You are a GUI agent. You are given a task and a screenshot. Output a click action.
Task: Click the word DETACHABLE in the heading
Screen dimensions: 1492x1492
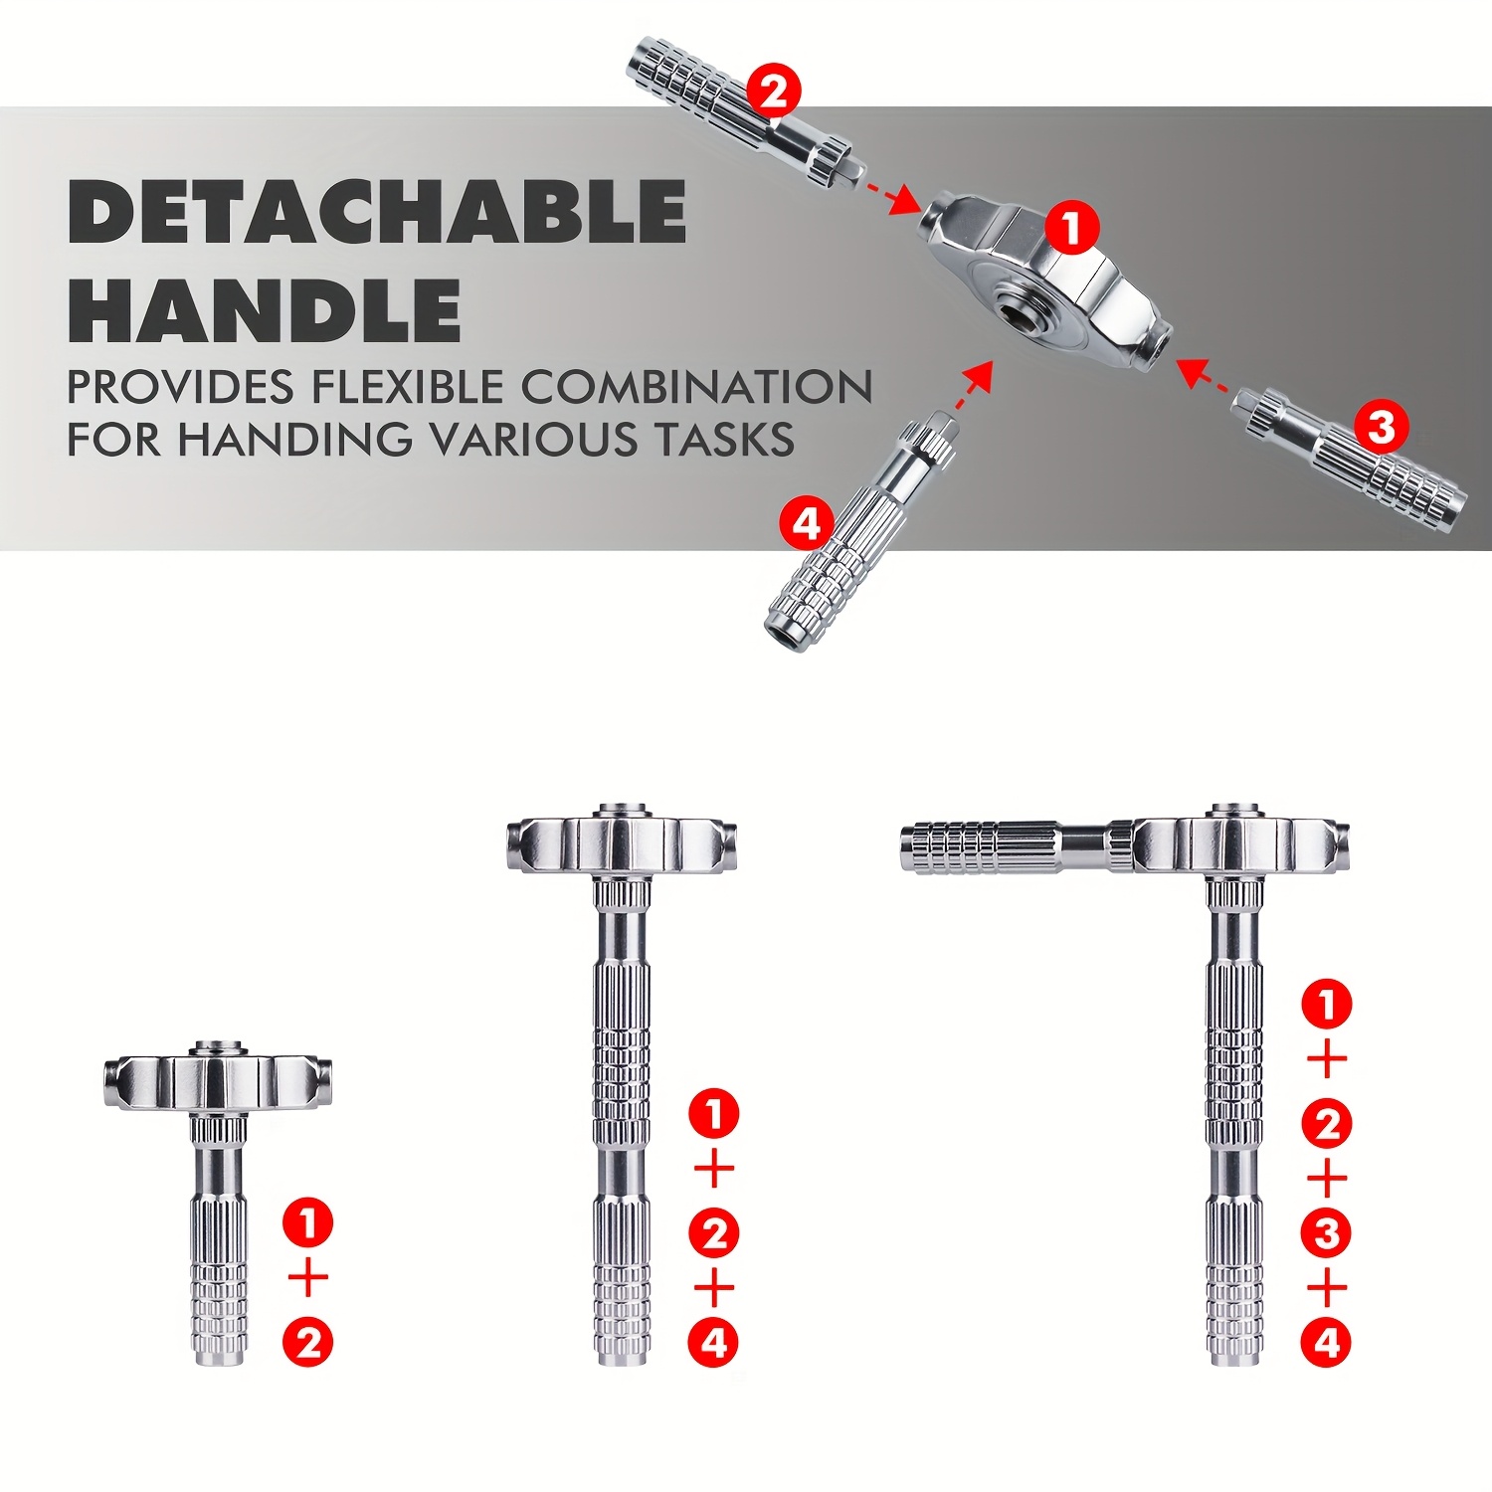click(x=377, y=212)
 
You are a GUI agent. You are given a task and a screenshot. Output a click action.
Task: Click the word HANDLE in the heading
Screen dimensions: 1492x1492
click(x=265, y=310)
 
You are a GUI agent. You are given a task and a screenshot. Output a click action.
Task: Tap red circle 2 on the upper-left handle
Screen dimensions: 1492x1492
click(x=773, y=92)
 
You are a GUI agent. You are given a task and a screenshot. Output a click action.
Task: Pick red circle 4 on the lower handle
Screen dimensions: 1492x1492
click(x=806, y=523)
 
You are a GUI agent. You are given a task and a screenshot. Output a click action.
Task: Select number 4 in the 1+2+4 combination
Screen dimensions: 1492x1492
click(x=714, y=1343)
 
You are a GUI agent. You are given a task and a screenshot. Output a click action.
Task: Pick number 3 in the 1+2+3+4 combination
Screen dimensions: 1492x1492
click(x=1327, y=1233)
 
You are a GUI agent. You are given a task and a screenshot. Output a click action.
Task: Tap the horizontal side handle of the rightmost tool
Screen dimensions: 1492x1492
click(x=1005, y=847)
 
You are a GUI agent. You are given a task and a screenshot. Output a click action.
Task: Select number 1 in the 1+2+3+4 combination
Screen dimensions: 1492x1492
click(x=1327, y=1005)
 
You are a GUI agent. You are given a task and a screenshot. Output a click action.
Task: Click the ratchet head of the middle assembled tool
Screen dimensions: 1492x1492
click(x=623, y=843)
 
